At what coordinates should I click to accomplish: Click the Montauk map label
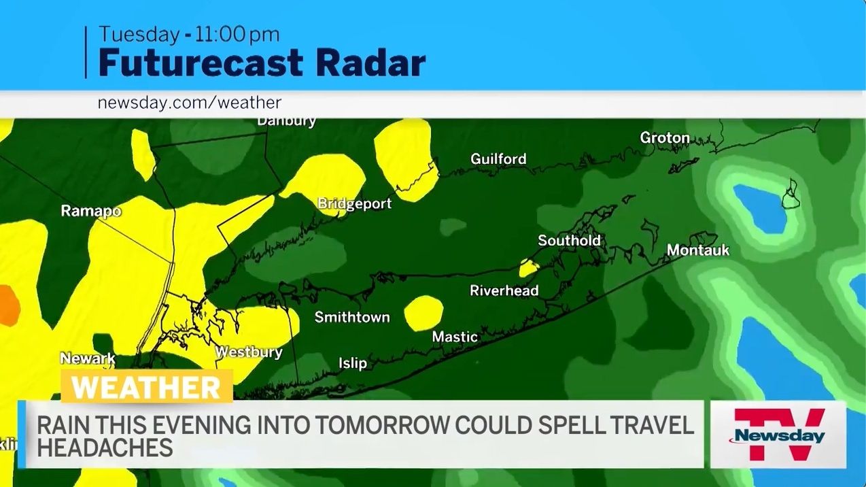click(697, 250)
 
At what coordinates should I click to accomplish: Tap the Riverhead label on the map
click(504, 290)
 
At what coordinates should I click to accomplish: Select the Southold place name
click(569, 240)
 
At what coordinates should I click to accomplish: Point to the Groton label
click(664, 138)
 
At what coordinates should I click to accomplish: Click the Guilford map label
click(498, 159)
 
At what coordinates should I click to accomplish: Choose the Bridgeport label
click(354, 203)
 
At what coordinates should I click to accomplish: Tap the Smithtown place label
click(351, 317)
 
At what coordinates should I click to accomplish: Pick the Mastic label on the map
click(455, 337)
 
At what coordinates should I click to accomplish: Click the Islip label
click(352, 363)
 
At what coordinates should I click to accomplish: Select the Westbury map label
click(248, 352)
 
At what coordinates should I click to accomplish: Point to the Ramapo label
click(91, 211)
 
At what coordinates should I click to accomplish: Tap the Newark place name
click(88, 358)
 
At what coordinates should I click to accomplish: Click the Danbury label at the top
click(286, 122)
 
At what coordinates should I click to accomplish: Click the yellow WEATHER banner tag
click(147, 387)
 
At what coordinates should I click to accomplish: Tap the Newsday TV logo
click(778, 434)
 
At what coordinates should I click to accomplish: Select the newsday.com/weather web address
click(189, 103)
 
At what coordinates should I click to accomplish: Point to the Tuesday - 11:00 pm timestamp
click(189, 35)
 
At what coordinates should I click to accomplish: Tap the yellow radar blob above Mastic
click(423, 313)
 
